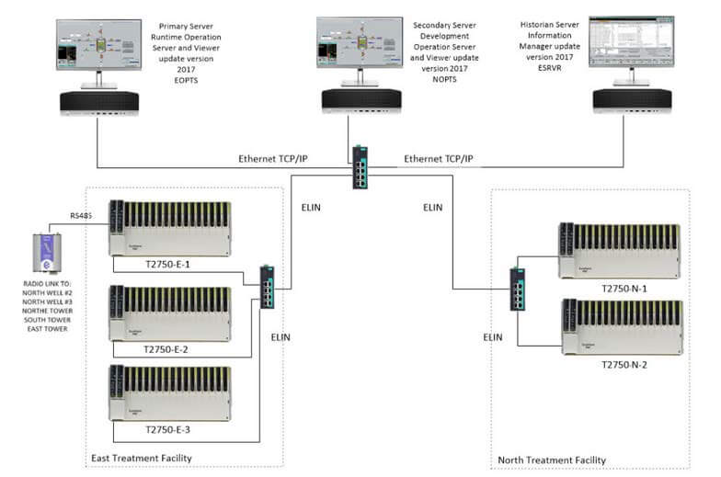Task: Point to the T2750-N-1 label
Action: coord(624,289)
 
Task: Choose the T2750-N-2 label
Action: coord(624,364)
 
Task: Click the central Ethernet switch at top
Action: coord(360,168)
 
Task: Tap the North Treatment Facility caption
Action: coord(552,460)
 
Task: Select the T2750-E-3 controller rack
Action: coord(169,392)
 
